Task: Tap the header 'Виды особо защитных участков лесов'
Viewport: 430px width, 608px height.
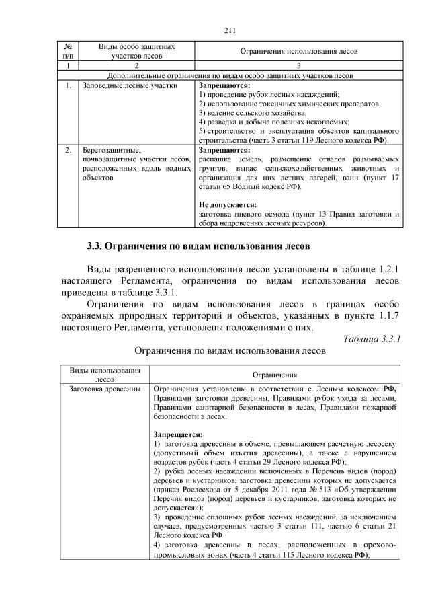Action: (136, 51)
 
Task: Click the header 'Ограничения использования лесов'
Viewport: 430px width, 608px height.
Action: (299, 52)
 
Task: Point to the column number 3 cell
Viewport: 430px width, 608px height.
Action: (299, 66)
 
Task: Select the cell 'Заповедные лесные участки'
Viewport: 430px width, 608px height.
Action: (120, 86)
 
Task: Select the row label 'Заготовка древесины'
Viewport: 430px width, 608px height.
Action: (104, 389)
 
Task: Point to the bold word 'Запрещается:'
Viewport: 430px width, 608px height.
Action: (177, 434)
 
